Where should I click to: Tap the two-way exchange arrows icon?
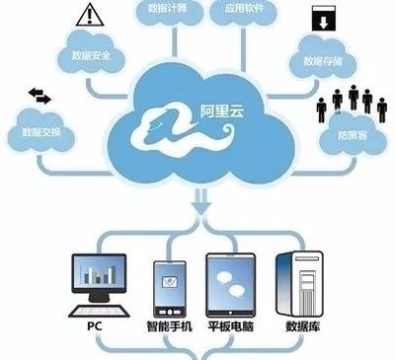[42, 95]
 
